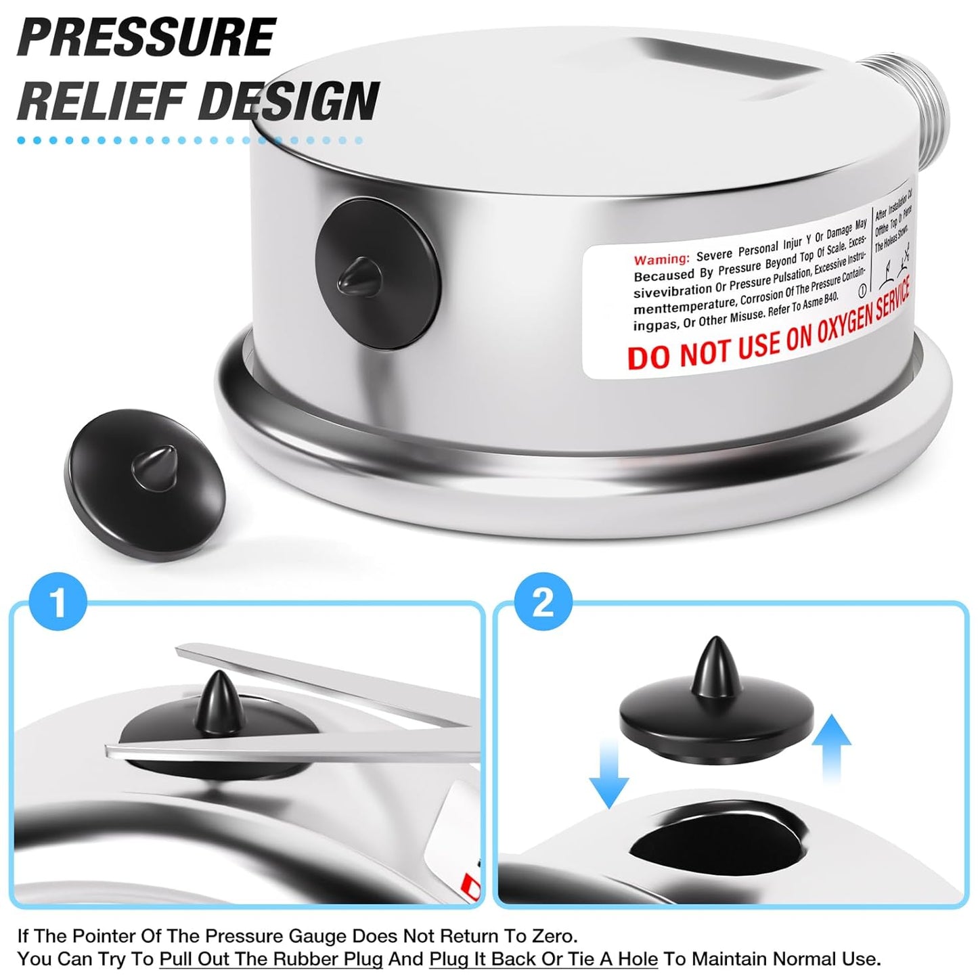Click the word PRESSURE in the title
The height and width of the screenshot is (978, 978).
[x=146, y=37]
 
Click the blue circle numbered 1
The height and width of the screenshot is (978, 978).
[x=58, y=600]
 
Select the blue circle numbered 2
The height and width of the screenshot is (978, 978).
[x=543, y=601]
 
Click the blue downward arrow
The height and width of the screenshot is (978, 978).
[x=608, y=772]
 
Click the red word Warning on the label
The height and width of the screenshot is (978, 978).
[x=661, y=259]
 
